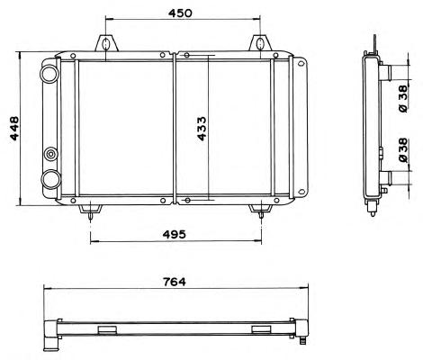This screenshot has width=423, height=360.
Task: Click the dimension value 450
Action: point(180,13)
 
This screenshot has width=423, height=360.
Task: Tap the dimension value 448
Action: point(14,129)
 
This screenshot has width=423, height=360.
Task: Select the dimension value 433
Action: point(202,129)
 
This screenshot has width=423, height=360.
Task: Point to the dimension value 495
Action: point(175,234)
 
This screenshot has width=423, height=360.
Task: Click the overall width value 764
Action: point(175,282)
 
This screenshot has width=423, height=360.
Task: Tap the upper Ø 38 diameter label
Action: point(404,99)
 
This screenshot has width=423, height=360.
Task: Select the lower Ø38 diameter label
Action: point(404,150)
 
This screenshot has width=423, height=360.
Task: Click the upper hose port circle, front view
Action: point(49,74)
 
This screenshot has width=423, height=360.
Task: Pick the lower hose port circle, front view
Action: point(50,179)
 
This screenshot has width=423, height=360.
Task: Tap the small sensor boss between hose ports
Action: point(51,154)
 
